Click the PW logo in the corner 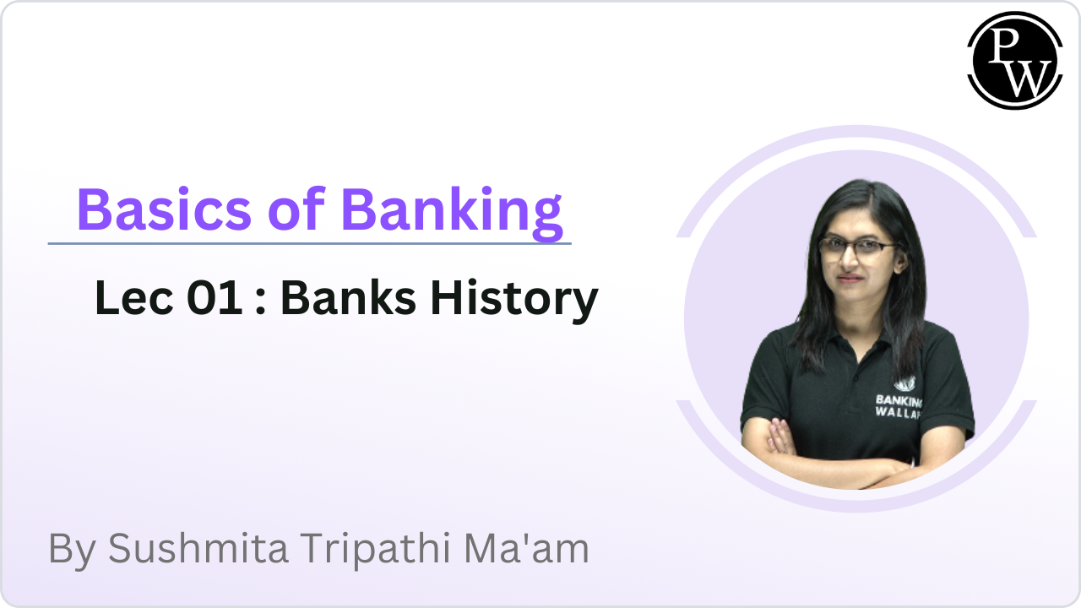point(1014,60)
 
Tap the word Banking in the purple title point(452,211)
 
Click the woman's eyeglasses point(856,247)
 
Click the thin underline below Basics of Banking point(309,243)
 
